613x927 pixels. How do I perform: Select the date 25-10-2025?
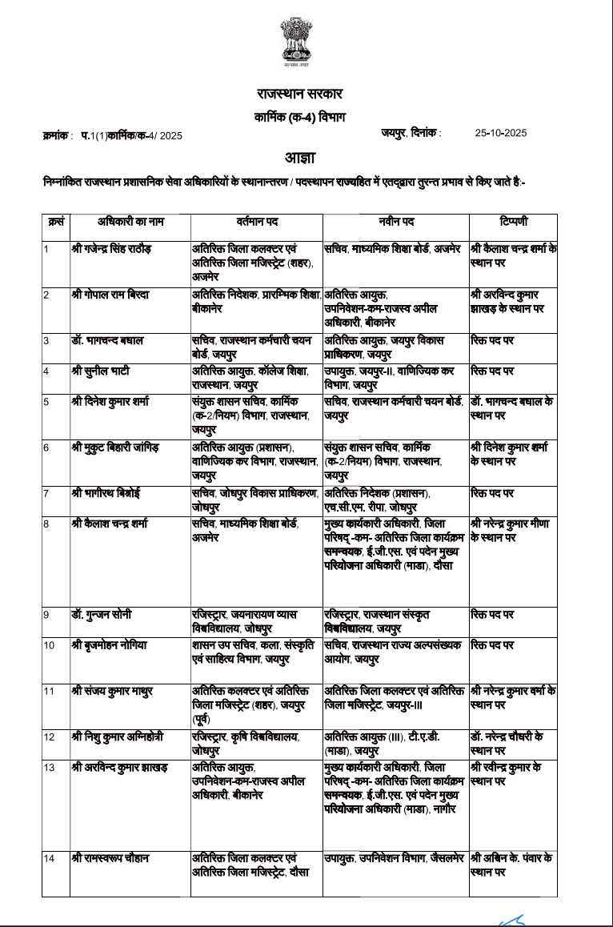pyautogui.click(x=500, y=134)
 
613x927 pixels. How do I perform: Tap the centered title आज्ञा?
pyautogui.click(x=306, y=157)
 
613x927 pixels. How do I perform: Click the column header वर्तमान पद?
pyautogui.click(x=257, y=221)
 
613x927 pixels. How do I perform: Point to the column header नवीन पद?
pyautogui.click(x=396, y=221)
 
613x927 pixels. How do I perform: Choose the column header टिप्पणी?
pyautogui.click(x=512, y=221)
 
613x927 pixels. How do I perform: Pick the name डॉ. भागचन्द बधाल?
pyautogui.click(x=107, y=340)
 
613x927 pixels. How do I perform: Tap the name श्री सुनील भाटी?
pyautogui.click(x=100, y=371)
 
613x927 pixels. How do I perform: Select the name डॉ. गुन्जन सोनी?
pyautogui.click(x=102, y=614)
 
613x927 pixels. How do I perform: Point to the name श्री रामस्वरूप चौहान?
pyautogui.click(x=110, y=859)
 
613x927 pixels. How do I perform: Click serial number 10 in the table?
pyautogui.click(x=49, y=645)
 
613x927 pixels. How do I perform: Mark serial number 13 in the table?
pyautogui.click(x=49, y=768)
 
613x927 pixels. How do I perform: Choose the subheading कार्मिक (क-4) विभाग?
pyautogui.click(x=306, y=118)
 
